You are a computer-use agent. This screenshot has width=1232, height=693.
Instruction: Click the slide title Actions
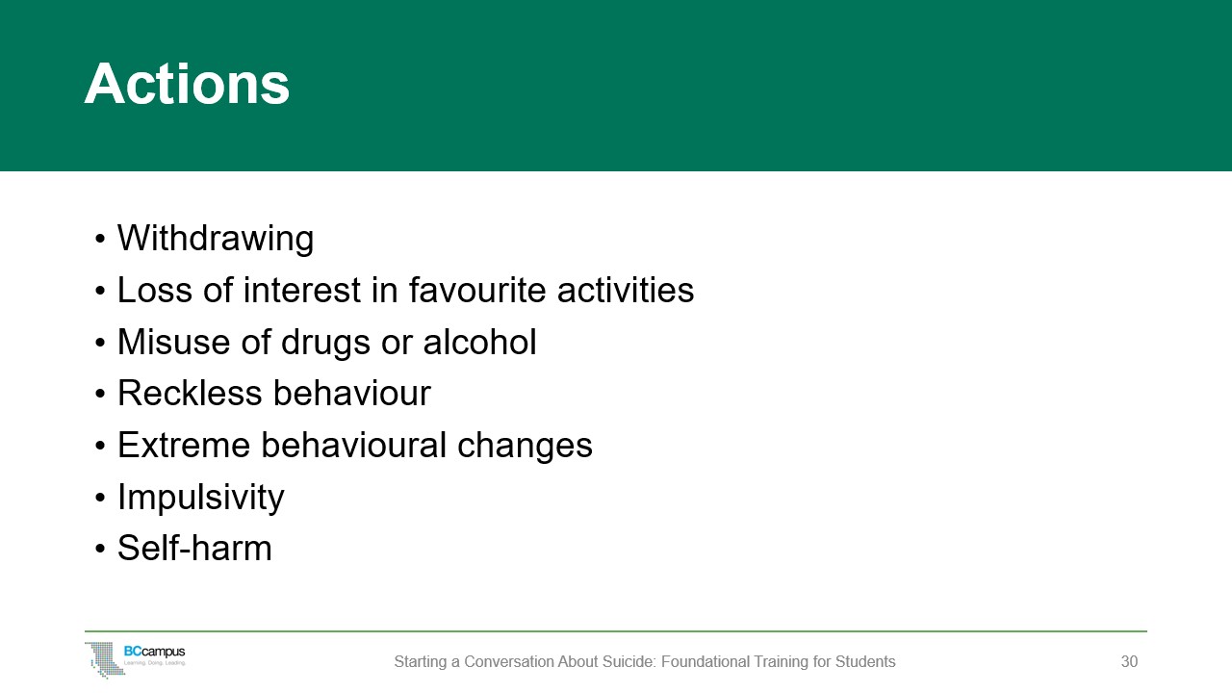[x=187, y=84]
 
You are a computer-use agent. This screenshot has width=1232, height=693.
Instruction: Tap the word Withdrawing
[x=216, y=239]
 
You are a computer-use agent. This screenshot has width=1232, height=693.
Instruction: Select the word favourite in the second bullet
[x=476, y=290]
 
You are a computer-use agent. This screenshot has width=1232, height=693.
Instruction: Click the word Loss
[x=155, y=290]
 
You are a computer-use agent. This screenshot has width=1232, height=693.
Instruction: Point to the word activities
[x=626, y=290]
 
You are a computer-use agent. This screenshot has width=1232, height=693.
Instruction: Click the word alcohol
[x=479, y=342]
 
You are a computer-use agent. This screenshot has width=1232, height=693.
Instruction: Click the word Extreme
[x=184, y=445]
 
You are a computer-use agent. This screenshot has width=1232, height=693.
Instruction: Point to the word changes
[x=525, y=447]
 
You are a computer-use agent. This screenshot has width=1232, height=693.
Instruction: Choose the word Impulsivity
[x=201, y=499]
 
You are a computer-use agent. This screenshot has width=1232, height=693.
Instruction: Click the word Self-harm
[x=194, y=548]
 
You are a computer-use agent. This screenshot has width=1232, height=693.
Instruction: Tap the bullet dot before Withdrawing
[x=99, y=240]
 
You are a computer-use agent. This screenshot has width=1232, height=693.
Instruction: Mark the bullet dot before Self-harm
[x=99, y=549]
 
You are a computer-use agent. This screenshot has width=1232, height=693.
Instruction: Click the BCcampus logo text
[x=155, y=652]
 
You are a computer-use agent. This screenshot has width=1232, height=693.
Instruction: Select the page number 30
[x=1129, y=661]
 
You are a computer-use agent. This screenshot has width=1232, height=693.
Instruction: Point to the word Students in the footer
[x=865, y=661]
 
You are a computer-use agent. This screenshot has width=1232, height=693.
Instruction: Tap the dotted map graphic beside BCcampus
[x=105, y=659]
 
